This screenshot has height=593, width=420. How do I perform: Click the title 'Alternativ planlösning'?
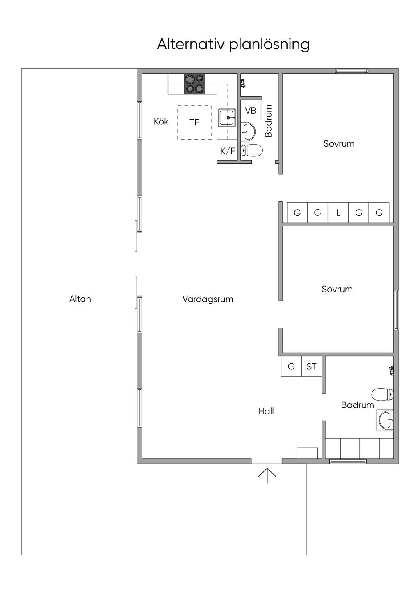[x=233, y=45]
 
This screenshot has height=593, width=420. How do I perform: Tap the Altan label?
[x=80, y=299]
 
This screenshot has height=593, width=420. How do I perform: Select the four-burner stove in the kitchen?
[x=194, y=84]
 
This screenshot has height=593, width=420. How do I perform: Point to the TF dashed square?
[x=195, y=122]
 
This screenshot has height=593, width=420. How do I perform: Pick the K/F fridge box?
[x=227, y=151]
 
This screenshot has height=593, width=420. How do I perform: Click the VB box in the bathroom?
[x=251, y=110]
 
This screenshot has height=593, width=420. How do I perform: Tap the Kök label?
[x=161, y=122]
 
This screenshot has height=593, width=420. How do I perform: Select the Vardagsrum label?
[x=208, y=299]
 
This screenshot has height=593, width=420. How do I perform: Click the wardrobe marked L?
[x=338, y=213]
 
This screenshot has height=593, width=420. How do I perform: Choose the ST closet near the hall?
[x=312, y=367]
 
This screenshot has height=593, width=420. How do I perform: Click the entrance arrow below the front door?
[x=267, y=475]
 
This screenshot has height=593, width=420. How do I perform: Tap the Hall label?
[x=266, y=411]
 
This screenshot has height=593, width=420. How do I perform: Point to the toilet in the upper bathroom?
[x=251, y=150]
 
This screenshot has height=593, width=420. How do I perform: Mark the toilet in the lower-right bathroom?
[x=383, y=395]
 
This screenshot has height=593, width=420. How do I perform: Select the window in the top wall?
[x=352, y=71]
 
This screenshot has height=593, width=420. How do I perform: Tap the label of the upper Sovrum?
[x=339, y=143]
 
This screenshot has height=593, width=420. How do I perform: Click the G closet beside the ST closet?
[x=291, y=367]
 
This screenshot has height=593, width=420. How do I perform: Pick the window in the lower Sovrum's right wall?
[x=396, y=310]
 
